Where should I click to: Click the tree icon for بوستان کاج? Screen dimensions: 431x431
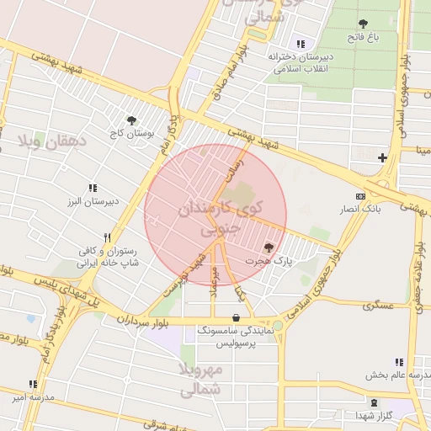(x=130, y=120)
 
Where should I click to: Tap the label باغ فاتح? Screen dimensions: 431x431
(x=364, y=38)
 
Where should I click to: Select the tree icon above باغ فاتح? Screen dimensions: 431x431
(x=363, y=24)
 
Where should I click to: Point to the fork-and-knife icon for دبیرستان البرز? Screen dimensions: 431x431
(x=92, y=189)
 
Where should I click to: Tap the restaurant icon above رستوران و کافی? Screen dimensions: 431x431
(x=106, y=237)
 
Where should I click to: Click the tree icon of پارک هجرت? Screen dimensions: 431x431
(x=269, y=247)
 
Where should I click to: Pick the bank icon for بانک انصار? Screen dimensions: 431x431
(x=361, y=196)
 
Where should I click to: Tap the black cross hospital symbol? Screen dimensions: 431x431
(x=383, y=157)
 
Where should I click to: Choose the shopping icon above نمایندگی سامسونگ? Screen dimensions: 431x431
(x=235, y=318)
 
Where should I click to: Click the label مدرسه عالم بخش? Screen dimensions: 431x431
(x=396, y=375)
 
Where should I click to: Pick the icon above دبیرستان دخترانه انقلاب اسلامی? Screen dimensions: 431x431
(x=300, y=44)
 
